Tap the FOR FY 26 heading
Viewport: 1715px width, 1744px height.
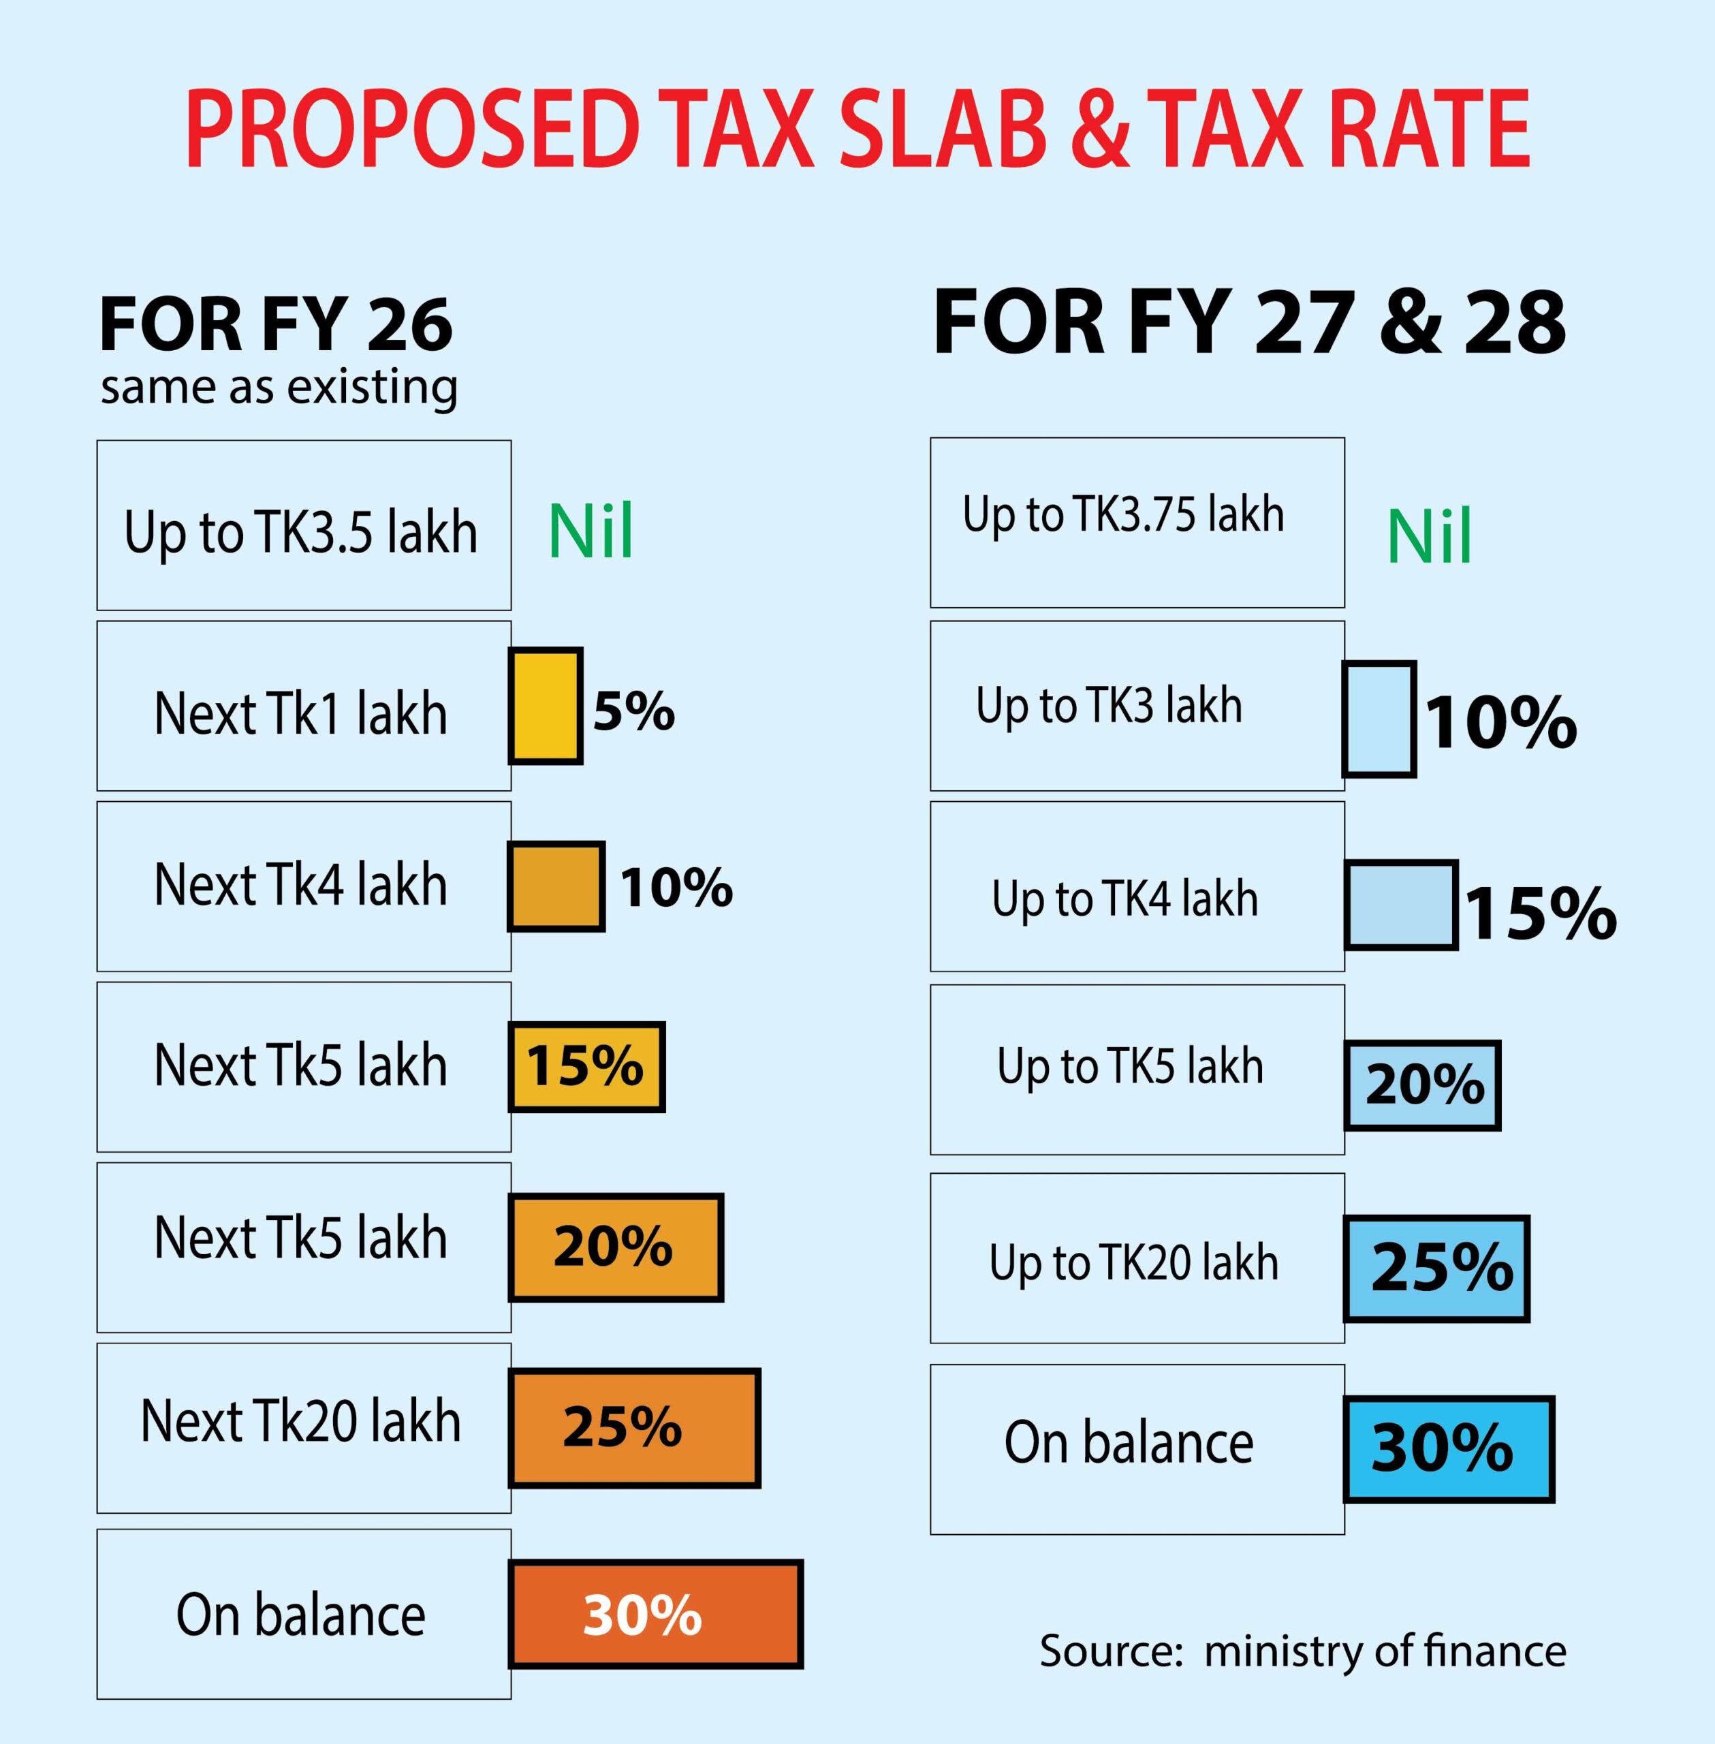[x=276, y=324]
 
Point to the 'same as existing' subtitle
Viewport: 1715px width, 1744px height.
[x=279, y=388]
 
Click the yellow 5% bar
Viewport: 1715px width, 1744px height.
[x=545, y=705]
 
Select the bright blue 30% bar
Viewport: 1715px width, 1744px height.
[x=1449, y=1448]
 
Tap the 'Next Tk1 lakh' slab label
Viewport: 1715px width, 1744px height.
[x=301, y=715]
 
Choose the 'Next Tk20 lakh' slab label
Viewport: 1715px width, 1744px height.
[x=301, y=1422]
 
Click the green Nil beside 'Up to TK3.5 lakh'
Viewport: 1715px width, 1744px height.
[x=591, y=531]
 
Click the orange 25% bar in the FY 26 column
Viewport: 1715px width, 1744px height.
[x=634, y=1428]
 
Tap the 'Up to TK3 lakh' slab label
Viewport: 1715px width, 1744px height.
[x=1109, y=705]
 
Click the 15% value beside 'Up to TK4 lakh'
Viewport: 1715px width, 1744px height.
[x=1541, y=914]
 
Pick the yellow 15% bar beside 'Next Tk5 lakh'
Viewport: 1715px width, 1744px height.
[x=586, y=1067]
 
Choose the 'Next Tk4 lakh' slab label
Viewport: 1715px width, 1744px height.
[x=301, y=885]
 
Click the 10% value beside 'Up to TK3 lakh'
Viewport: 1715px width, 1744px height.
[x=1500, y=722]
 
